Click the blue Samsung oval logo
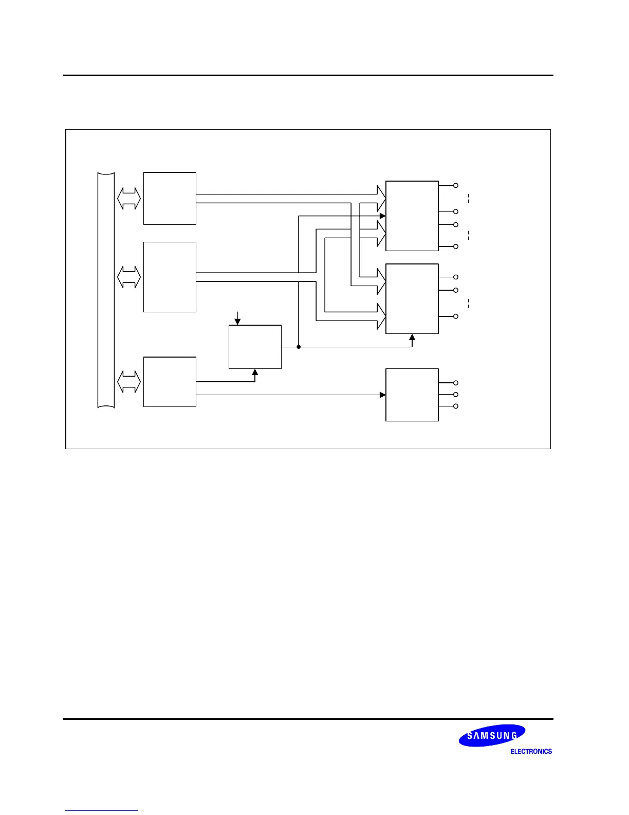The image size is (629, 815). (x=492, y=735)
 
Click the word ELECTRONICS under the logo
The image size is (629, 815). (x=531, y=752)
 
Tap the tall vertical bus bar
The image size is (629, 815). (x=106, y=290)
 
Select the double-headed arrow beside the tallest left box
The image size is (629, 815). (x=129, y=277)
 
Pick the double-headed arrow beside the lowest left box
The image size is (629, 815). (x=129, y=381)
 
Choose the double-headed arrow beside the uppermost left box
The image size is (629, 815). (x=129, y=199)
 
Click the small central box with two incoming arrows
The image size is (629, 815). (x=255, y=346)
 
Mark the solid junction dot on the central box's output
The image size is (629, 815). (x=299, y=347)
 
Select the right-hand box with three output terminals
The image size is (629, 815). (x=412, y=395)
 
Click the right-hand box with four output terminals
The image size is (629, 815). (x=412, y=216)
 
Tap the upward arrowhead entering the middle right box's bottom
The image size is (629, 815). (x=412, y=337)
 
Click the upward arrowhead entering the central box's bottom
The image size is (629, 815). (x=255, y=371)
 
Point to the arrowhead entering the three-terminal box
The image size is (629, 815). (x=383, y=395)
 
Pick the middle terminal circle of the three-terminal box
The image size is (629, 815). (x=455, y=395)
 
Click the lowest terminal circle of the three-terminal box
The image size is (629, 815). (x=455, y=406)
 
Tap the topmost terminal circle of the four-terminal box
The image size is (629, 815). (x=455, y=185)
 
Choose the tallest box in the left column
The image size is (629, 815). (x=170, y=277)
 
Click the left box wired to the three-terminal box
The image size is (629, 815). (x=170, y=381)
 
